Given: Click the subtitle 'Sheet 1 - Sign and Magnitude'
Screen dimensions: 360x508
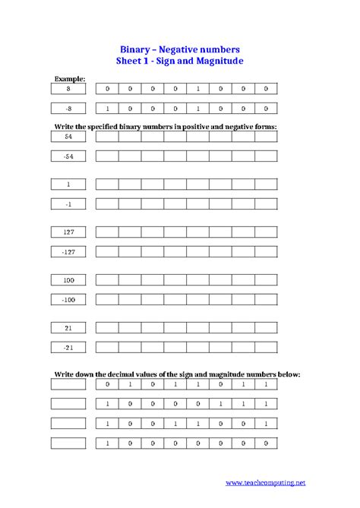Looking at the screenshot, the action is pos(179,60).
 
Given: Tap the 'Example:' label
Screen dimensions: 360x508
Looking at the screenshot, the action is pos(70,78).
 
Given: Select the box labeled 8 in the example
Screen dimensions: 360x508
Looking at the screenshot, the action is pos(68,89).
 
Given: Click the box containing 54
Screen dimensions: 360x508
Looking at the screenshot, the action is pos(68,137).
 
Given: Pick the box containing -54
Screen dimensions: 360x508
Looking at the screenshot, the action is pos(68,156).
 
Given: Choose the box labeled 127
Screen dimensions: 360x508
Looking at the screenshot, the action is pos(68,232).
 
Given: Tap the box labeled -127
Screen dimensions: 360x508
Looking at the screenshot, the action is pos(68,251).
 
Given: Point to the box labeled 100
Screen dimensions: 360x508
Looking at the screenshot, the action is pos(68,280).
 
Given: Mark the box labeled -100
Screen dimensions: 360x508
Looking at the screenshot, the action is pos(68,300).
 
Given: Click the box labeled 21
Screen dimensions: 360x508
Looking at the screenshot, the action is pos(68,327).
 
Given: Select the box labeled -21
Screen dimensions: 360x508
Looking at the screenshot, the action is pos(68,347).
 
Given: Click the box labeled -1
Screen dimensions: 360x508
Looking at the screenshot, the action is pos(68,204).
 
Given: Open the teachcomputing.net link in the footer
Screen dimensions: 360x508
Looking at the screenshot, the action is pos(269,481).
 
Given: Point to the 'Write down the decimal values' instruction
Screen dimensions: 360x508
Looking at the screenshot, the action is pos(177,374).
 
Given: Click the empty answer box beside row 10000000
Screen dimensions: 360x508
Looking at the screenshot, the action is pos(68,443).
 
